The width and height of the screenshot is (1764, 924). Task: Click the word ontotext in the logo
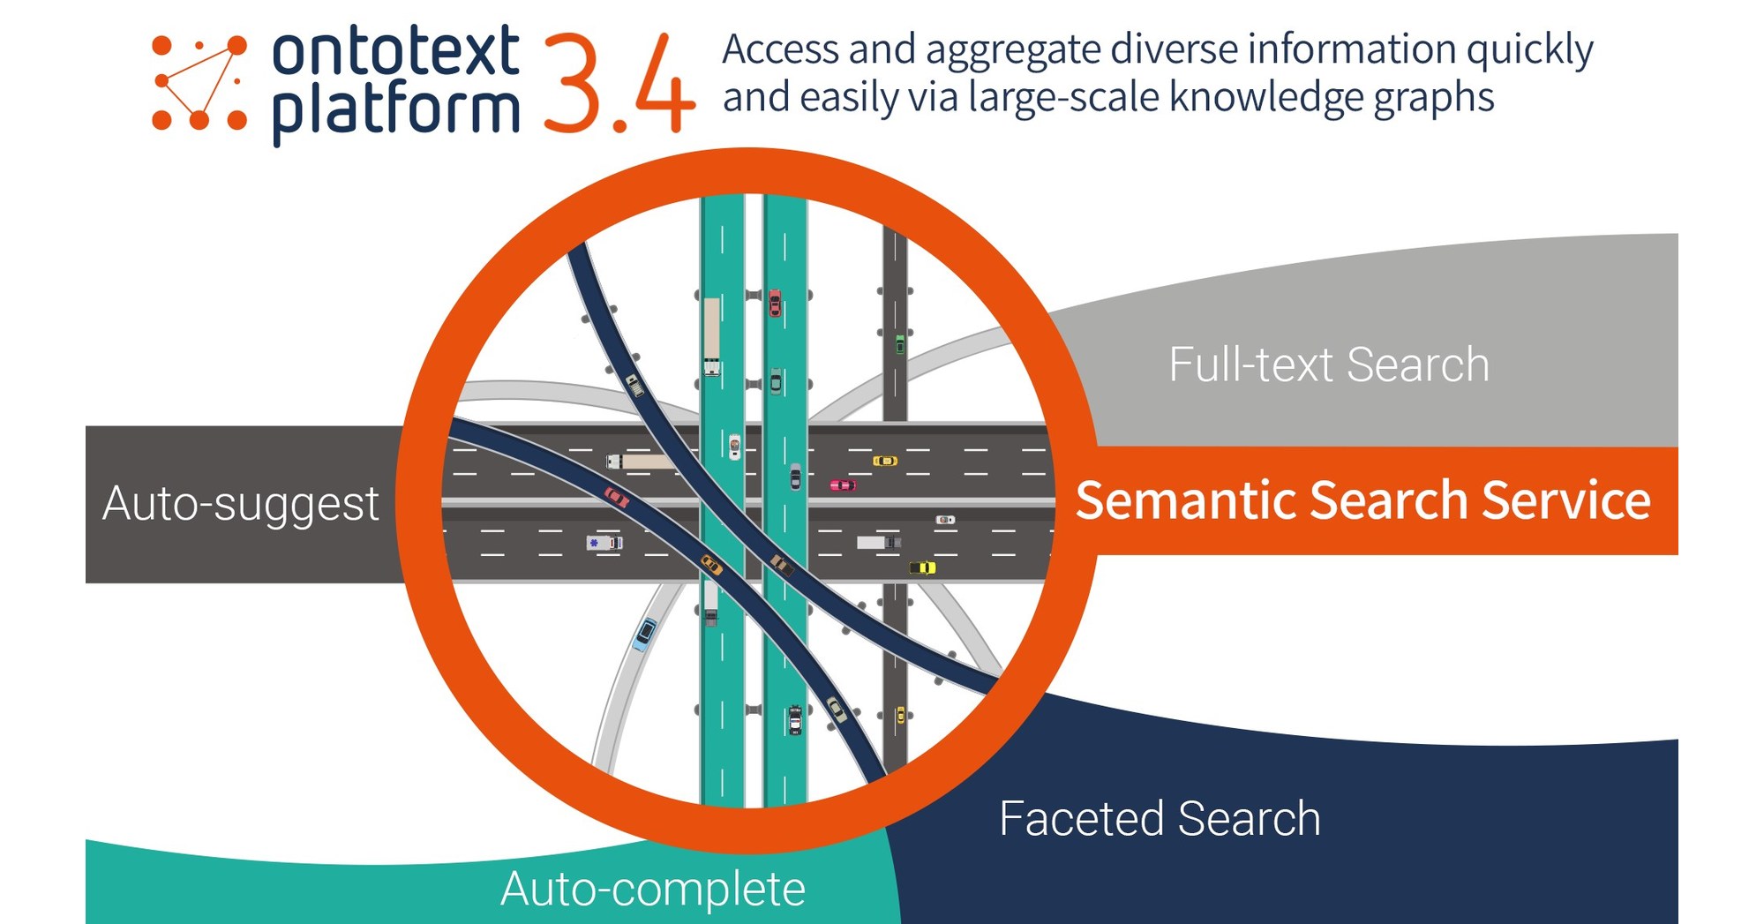(x=394, y=50)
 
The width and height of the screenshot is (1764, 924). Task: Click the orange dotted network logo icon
(x=199, y=83)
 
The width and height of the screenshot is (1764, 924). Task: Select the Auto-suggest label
(x=240, y=505)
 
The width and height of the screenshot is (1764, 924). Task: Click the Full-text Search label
(x=1328, y=364)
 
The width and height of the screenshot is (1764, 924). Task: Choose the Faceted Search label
(x=1160, y=819)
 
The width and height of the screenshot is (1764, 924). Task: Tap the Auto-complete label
(x=652, y=889)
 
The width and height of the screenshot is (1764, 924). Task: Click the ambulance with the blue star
(x=604, y=543)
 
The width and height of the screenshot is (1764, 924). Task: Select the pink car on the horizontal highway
(x=842, y=485)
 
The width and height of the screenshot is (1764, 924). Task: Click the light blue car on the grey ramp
(x=645, y=633)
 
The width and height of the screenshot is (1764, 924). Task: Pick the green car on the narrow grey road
(x=899, y=344)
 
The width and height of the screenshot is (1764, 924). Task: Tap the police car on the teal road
(x=795, y=719)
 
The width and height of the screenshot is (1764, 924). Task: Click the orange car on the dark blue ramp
(x=711, y=565)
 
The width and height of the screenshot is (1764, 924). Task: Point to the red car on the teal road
(x=775, y=303)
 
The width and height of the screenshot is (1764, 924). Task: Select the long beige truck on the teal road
(x=711, y=335)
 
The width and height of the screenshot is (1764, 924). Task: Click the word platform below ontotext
(x=394, y=112)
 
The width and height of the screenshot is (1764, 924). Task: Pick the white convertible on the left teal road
(x=734, y=446)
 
